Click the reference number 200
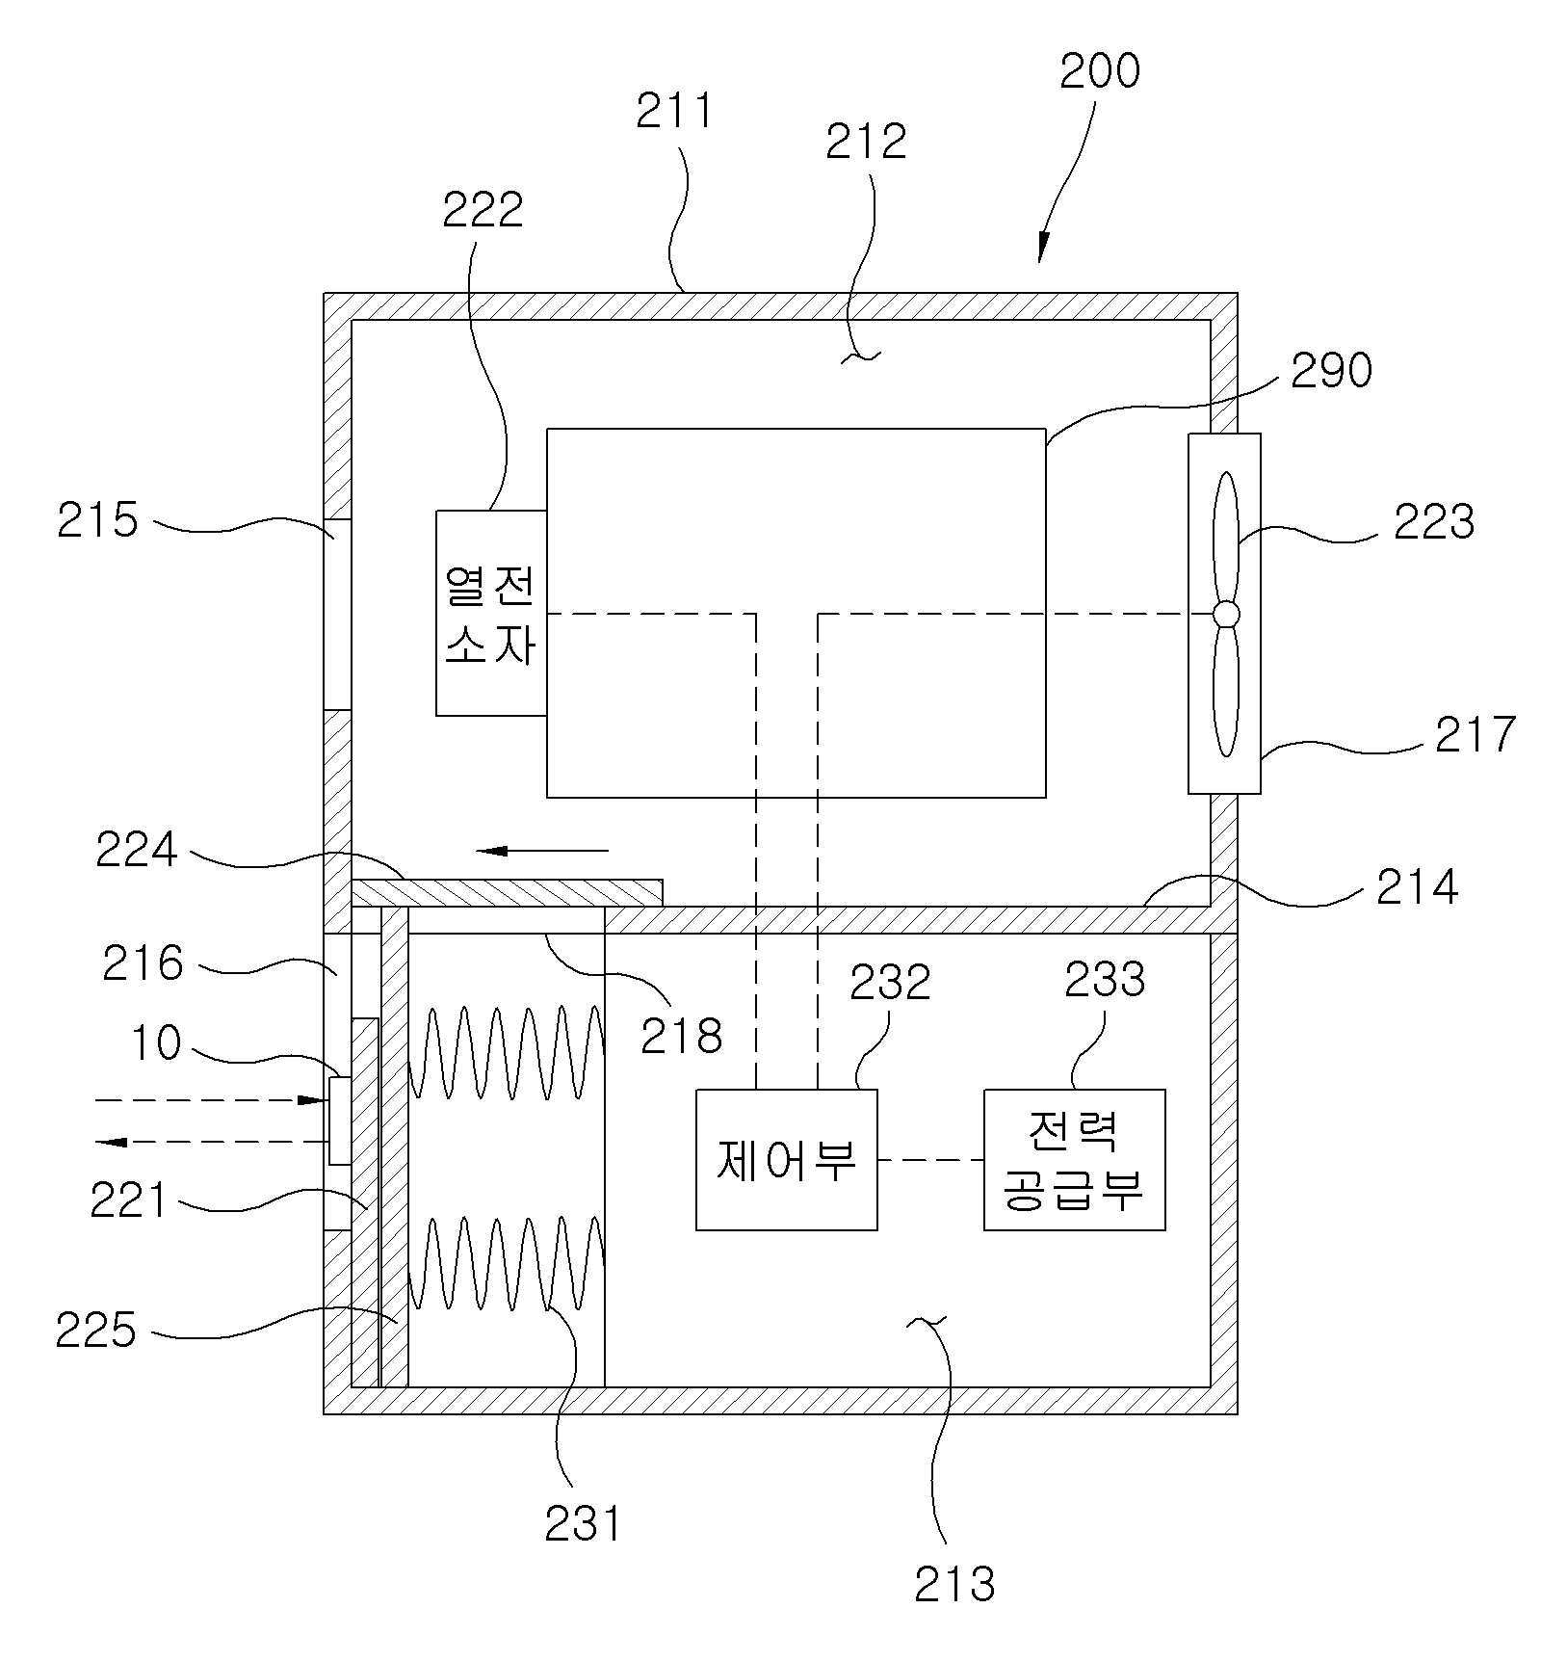coord(1099,70)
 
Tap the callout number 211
coord(675,111)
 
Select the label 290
coord(1331,370)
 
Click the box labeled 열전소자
coord(491,613)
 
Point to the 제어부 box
coord(786,1160)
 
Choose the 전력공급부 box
coord(1074,1160)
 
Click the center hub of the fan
coord(1225,614)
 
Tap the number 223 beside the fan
coord(1434,522)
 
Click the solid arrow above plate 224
coord(543,851)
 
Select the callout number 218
coord(681,1036)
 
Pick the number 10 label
coord(155,1042)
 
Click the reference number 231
coord(584,1524)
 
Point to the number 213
coord(954,1584)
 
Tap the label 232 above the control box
coord(890,982)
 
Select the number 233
coord(1105,981)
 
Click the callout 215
coord(97,520)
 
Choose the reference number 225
coord(95,1331)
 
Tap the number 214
coord(1417,887)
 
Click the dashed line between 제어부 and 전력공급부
coord(930,1160)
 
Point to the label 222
coord(483,210)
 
